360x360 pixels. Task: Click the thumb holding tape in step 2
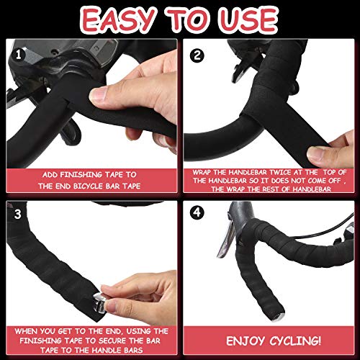click(x=320, y=153)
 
